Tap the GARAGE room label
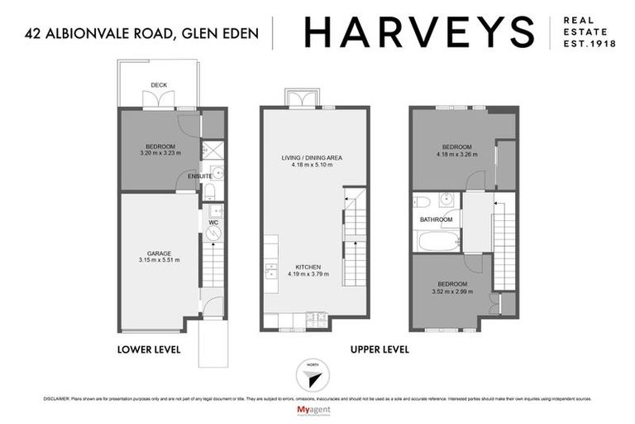tap(160, 253)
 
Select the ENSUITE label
tap(200, 176)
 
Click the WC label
tap(212, 223)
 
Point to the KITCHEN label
tap(304, 267)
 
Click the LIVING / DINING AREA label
tap(311, 157)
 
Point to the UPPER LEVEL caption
tap(380, 349)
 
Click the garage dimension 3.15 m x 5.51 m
tap(160, 260)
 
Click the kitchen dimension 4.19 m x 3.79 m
tap(304, 274)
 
